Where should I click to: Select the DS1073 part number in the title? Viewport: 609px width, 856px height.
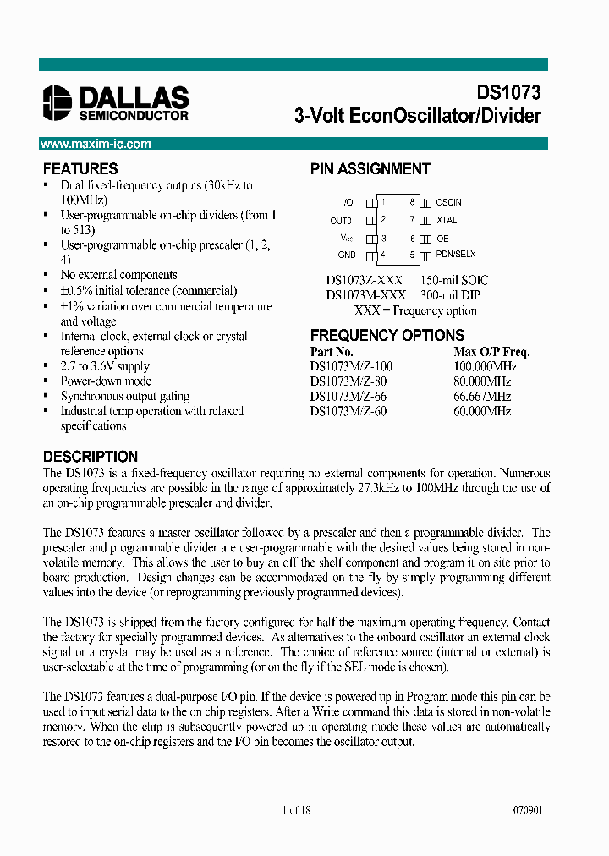click(x=508, y=93)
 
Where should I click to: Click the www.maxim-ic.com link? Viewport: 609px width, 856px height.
click(x=96, y=144)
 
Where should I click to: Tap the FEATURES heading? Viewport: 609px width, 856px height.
click(x=80, y=168)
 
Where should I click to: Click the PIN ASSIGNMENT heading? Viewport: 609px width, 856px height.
click(x=370, y=168)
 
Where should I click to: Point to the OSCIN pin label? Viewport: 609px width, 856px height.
click(x=448, y=203)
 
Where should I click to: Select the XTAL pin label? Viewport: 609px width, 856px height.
click(x=446, y=220)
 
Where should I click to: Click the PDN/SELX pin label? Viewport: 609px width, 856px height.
click(x=455, y=255)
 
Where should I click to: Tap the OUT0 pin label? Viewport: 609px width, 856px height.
click(x=341, y=220)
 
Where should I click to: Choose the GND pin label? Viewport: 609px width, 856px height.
click(x=347, y=255)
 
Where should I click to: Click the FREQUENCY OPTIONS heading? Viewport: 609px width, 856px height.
click(x=387, y=335)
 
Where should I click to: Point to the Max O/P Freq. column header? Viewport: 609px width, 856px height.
click(x=492, y=352)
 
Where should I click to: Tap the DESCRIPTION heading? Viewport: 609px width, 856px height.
click(x=90, y=456)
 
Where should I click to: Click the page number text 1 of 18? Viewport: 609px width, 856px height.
click(x=297, y=809)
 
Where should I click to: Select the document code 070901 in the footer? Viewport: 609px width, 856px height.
click(x=527, y=809)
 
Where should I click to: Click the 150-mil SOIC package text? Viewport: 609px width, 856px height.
click(x=454, y=280)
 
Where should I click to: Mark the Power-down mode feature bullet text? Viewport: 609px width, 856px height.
click(x=105, y=381)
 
